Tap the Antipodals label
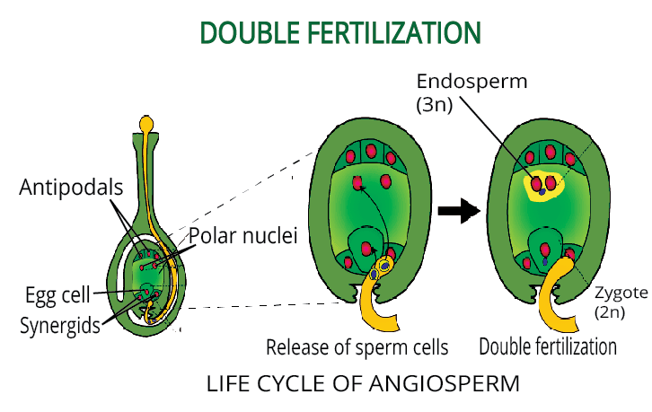73,187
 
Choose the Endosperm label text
471,83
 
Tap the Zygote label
618,293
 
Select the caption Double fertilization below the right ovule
549,346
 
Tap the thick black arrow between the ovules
456,213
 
